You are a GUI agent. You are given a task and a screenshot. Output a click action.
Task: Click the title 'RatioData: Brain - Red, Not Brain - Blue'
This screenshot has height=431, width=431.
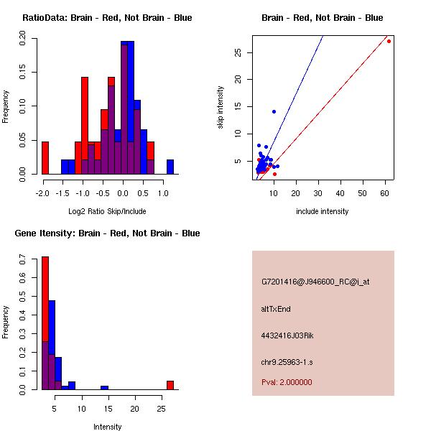click(107, 18)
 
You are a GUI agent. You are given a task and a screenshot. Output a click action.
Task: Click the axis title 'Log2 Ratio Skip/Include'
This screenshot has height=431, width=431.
click(108, 211)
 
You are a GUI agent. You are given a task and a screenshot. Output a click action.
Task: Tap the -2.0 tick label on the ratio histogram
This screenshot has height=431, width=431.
click(42, 193)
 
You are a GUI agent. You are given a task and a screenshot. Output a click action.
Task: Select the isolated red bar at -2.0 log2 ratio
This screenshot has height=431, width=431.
click(45, 157)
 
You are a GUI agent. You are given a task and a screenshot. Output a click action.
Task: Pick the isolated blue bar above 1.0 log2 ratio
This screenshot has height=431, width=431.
click(170, 167)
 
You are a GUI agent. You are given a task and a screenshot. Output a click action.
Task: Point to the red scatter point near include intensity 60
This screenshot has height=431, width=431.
click(389, 41)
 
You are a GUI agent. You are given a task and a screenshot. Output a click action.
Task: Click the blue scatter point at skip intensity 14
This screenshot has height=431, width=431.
click(274, 111)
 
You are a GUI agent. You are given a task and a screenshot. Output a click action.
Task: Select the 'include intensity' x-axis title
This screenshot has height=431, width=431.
click(322, 211)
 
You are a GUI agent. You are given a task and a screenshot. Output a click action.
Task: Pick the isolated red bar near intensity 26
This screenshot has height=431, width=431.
click(170, 385)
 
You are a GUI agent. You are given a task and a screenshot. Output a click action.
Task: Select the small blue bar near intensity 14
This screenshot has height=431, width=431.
click(104, 387)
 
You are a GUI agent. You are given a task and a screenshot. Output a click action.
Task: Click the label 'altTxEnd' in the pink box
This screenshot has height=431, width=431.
click(276, 309)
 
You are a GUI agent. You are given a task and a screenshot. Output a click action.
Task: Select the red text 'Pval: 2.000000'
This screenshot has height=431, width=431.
click(287, 382)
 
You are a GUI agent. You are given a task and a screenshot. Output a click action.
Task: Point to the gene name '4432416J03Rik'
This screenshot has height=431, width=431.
click(287, 335)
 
